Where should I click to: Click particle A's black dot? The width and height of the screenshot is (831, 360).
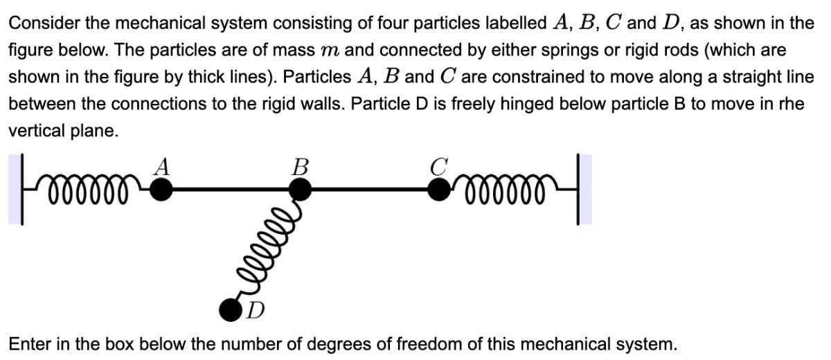coord(161,188)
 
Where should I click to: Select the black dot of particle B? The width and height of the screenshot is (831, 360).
coord(299,188)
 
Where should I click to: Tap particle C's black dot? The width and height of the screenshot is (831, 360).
coord(438,188)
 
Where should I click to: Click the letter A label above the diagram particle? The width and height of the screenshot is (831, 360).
coord(162,166)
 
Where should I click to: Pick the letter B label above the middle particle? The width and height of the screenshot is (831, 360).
coord(300,166)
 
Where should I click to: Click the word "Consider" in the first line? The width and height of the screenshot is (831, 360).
coord(42,24)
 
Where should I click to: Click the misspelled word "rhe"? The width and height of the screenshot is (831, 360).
coord(789,104)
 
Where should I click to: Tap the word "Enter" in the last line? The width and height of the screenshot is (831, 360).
coord(28,343)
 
